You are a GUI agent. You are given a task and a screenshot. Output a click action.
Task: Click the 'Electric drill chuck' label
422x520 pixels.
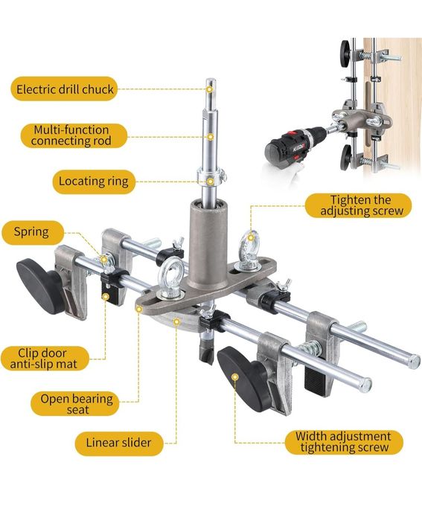64,89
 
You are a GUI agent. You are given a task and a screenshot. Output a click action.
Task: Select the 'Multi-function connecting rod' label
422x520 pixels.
74,135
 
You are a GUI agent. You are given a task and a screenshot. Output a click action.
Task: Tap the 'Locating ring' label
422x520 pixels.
94,182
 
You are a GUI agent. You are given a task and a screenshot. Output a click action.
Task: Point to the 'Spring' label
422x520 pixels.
32,232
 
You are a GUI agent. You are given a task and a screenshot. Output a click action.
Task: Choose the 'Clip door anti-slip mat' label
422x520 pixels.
45,359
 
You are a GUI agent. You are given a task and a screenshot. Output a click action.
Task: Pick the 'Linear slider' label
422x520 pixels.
119,443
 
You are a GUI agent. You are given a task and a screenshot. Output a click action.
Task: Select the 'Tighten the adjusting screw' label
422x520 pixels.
358,205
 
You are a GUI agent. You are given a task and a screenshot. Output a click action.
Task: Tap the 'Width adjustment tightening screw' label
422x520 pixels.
344,443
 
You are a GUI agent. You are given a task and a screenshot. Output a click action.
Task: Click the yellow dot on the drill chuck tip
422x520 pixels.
209,89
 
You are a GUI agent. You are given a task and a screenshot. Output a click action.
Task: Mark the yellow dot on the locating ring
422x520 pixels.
210,182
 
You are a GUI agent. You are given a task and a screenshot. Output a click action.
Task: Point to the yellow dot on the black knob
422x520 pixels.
235,377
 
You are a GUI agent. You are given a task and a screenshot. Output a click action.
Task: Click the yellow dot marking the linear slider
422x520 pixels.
177,321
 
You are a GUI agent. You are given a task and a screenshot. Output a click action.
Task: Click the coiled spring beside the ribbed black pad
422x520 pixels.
310,349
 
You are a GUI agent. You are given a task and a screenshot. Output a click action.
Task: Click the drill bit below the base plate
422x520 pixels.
207,348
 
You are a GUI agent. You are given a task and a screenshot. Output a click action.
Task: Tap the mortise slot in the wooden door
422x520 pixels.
367,114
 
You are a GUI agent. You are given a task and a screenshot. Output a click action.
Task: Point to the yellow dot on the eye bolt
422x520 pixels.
252,237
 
